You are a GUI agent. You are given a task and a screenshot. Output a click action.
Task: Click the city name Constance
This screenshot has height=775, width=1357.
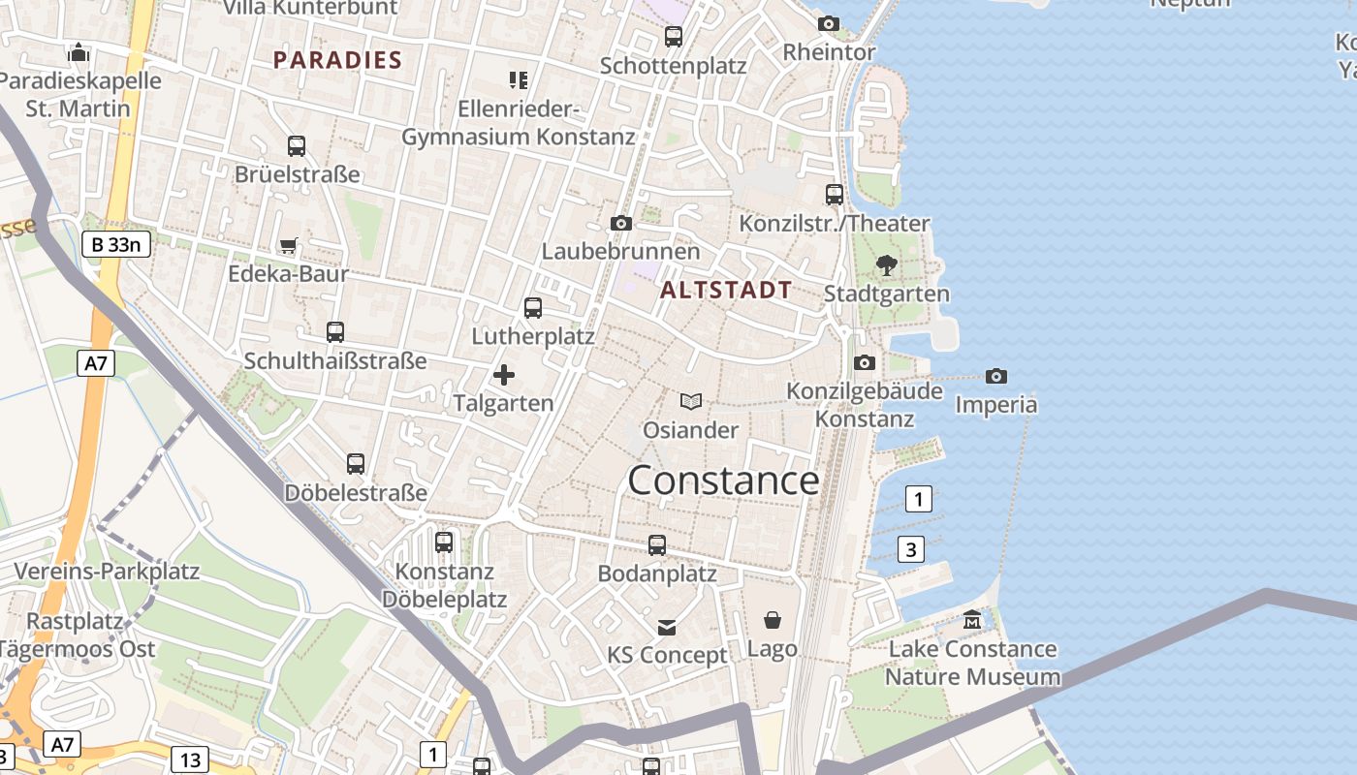(723, 480)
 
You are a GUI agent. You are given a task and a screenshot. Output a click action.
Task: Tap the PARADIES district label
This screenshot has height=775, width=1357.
(337, 60)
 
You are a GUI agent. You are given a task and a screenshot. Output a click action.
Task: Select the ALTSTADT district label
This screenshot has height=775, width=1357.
(726, 290)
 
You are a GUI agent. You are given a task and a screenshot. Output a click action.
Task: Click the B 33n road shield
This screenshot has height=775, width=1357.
(116, 244)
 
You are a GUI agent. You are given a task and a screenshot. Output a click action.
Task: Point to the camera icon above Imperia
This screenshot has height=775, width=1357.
(995, 376)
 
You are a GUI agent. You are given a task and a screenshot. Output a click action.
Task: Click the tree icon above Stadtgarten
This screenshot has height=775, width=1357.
(886, 264)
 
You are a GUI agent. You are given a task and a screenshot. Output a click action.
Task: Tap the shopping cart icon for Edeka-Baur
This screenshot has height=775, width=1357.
(288, 245)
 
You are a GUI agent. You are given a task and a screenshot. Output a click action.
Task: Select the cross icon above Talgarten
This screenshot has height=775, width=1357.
(504, 375)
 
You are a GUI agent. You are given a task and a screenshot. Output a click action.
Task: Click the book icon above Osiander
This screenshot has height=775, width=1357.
(690, 401)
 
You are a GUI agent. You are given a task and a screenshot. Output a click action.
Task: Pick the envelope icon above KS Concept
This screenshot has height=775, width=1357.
(667, 627)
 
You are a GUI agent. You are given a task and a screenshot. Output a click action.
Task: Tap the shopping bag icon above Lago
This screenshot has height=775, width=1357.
(773, 620)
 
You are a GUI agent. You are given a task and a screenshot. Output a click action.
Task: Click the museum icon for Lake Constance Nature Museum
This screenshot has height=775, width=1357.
(972, 620)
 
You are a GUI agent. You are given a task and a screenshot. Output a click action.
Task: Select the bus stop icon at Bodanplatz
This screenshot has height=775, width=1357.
(657, 545)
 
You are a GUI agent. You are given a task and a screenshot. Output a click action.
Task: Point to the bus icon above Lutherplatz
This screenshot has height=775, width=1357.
(533, 308)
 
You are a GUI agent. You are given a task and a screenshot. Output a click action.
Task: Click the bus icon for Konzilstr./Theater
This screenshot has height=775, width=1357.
(835, 195)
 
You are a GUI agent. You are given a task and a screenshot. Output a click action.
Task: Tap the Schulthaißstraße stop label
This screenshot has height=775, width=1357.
(335, 361)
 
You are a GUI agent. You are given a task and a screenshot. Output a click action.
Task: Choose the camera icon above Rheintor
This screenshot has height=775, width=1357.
(829, 23)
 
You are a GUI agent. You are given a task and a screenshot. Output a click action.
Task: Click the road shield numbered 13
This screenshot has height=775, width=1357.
(190, 759)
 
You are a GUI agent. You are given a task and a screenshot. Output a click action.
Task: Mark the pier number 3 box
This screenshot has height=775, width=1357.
(910, 549)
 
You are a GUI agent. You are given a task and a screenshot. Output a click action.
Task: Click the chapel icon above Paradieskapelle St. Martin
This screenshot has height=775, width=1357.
(79, 51)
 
